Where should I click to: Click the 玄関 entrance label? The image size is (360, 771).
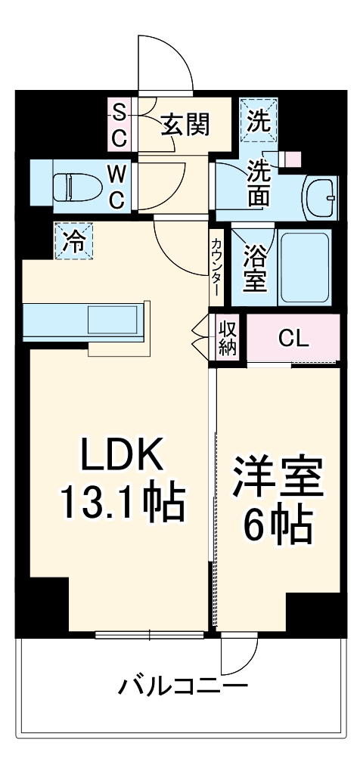click(x=184, y=125)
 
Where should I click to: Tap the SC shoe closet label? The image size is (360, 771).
click(x=119, y=125)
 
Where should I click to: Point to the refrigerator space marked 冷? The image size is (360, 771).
click(x=73, y=241)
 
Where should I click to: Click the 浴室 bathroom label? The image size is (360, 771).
click(x=254, y=269)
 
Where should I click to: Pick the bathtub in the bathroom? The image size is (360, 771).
click(x=304, y=268)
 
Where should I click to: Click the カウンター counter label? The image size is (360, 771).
click(x=217, y=265)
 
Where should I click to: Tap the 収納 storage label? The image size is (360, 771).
click(x=227, y=338)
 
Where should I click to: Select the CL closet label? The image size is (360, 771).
click(x=293, y=338)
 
